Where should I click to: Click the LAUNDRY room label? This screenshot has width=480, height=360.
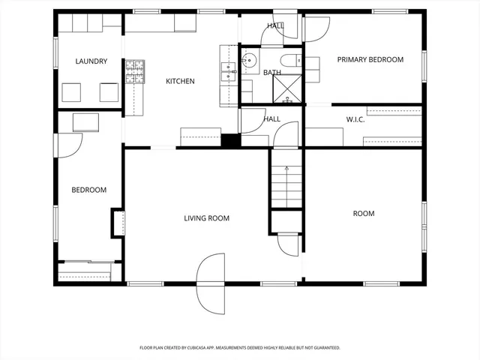[x=91, y=61]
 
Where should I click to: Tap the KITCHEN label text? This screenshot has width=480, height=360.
[x=180, y=81]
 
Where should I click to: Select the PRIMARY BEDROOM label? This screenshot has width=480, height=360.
[x=370, y=60]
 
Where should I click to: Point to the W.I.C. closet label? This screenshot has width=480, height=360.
[x=355, y=119]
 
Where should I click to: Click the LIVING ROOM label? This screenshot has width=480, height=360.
[x=206, y=218]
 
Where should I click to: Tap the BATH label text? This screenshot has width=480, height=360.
[x=271, y=73]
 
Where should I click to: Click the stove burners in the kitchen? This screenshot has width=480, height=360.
[x=134, y=72]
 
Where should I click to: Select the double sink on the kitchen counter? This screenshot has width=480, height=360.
[x=228, y=71]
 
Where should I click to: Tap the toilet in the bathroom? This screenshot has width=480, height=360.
[x=289, y=60]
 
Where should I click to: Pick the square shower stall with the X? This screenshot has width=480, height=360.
[x=287, y=89]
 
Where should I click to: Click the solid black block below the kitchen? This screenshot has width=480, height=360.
[x=230, y=140]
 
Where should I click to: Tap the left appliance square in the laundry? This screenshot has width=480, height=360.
[x=72, y=91]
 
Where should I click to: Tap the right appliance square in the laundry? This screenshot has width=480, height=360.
[x=109, y=91]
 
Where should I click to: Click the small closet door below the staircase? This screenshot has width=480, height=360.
[x=289, y=244]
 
